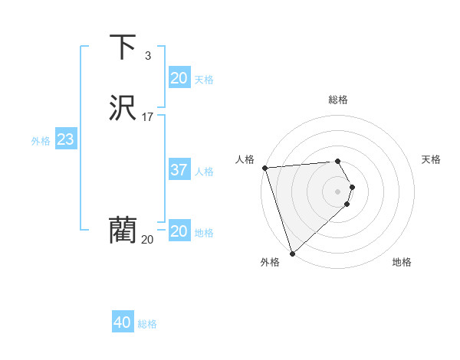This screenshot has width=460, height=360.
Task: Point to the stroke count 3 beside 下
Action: (148, 56)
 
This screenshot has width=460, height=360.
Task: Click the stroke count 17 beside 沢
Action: (148, 117)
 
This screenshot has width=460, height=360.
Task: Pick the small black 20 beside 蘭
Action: (147, 240)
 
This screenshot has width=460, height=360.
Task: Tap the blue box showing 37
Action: (179, 170)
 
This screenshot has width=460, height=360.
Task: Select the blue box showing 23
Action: (66, 139)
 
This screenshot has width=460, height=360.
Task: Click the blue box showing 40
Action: (123, 323)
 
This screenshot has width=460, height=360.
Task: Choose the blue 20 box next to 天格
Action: (179, 78)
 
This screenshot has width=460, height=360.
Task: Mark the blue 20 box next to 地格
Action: (179, 231)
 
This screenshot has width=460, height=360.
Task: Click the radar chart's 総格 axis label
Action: (338, 100)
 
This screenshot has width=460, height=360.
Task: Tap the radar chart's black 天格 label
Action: (432, 159)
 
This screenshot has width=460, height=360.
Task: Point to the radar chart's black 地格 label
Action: (402, 262)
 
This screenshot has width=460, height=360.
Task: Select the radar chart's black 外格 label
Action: (270, 262)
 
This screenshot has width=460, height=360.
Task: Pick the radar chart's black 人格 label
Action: (245, 159)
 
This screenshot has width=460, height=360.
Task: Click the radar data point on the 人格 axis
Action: (264, 168)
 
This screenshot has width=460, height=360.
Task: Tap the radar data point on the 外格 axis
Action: (292, 252)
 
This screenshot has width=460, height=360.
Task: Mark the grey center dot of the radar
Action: (338, 191)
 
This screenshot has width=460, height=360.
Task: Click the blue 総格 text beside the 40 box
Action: (147, 324)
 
